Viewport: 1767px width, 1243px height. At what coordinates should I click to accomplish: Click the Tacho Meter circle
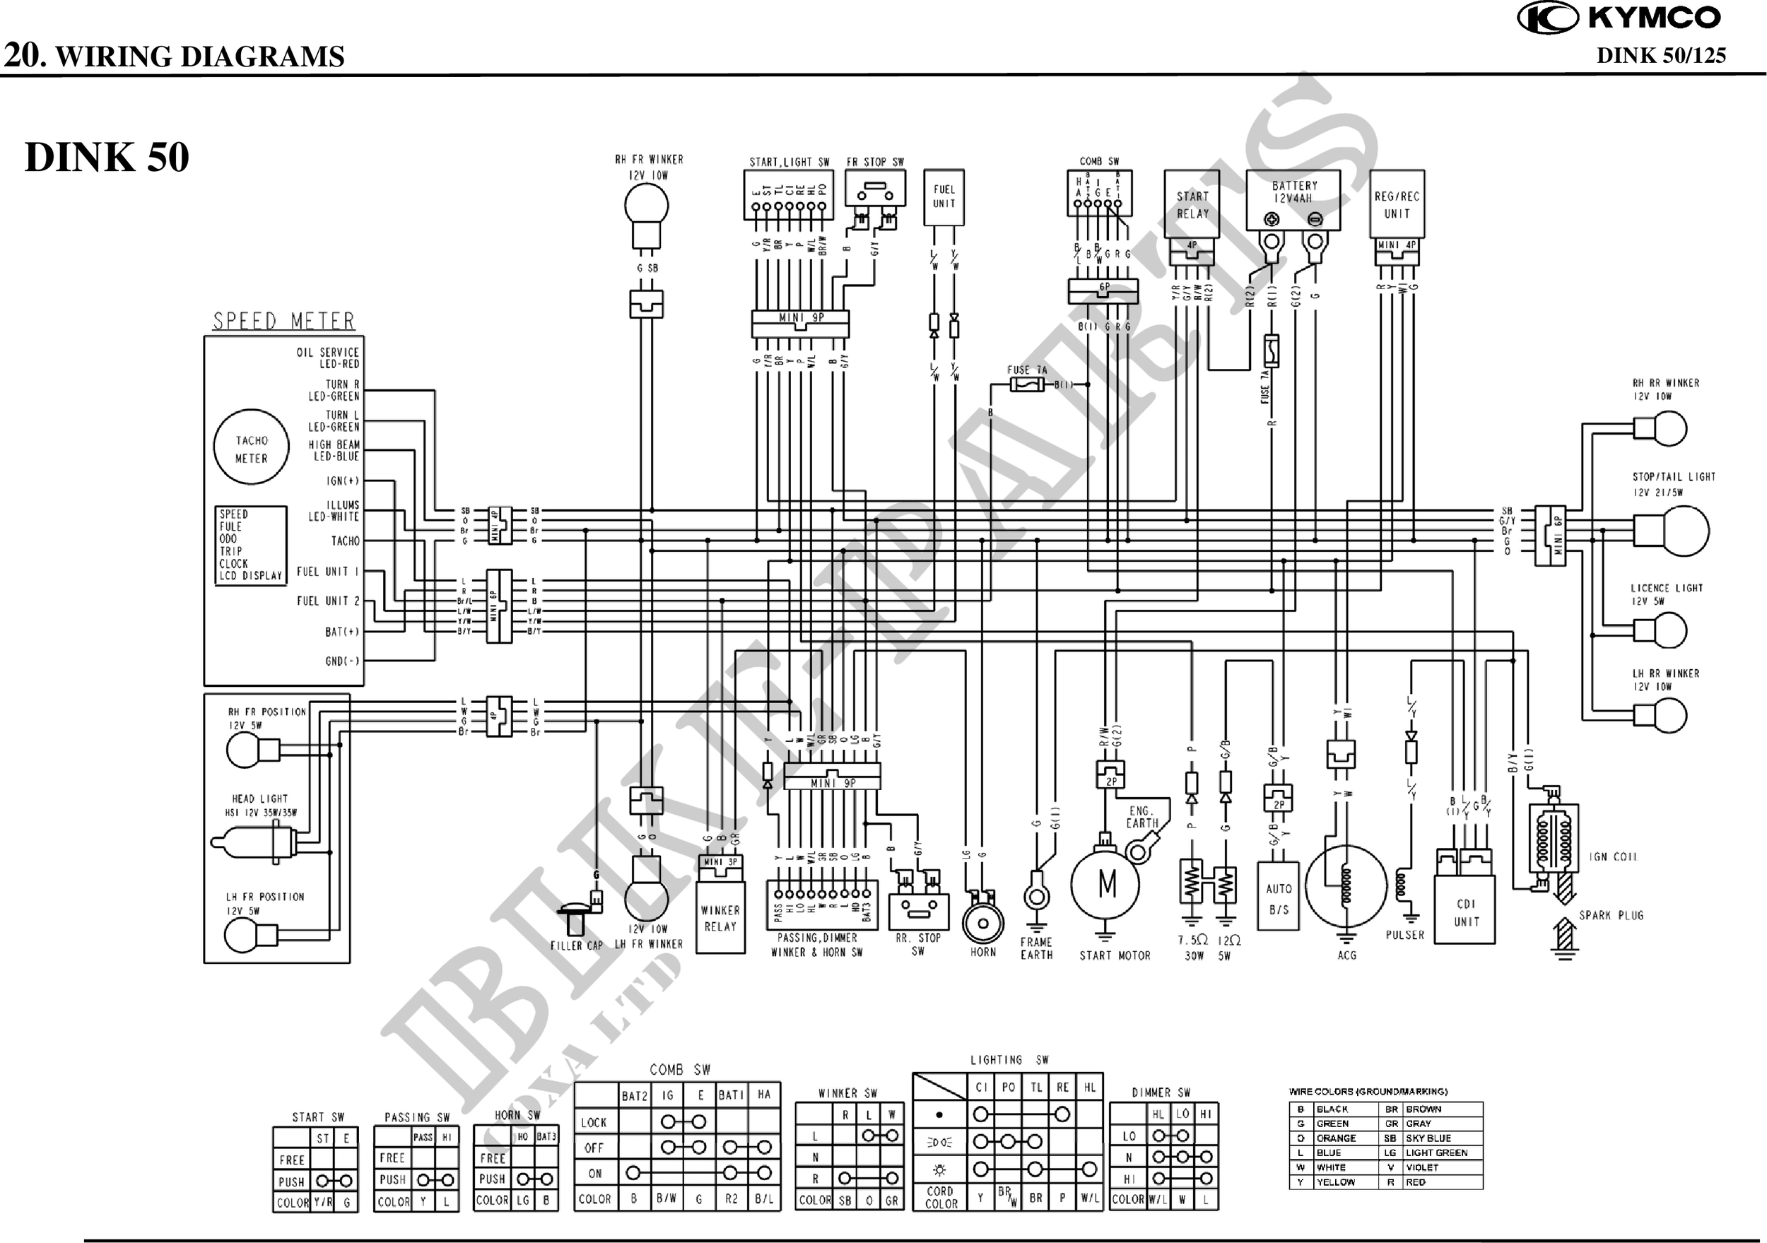(x=251, y=448)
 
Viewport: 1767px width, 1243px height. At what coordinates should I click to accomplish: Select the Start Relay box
(x=1192, y=204)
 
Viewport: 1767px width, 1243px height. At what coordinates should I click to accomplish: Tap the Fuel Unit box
(x=944, y=197)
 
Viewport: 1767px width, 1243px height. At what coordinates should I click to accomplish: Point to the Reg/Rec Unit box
(x=1397, y=204)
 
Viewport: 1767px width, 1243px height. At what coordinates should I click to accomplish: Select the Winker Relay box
(x=720, y=917)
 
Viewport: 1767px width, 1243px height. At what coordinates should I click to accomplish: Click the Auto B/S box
(x=1279, y=898)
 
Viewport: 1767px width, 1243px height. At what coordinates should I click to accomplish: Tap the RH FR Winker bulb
(x=646, y=206)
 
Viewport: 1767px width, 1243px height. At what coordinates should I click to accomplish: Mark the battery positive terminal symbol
(x=1272, y=219)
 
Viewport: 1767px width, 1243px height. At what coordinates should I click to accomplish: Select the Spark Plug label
(x=1611, y=915)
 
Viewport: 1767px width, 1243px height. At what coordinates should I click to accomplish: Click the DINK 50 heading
(x=107, y=157)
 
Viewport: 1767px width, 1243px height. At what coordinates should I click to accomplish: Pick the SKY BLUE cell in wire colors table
(x=1428, y=1138)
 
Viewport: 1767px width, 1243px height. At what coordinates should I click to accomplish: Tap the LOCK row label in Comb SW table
(x=594, y=1122)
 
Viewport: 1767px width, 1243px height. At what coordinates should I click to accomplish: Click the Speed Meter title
(x=283, y=321)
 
